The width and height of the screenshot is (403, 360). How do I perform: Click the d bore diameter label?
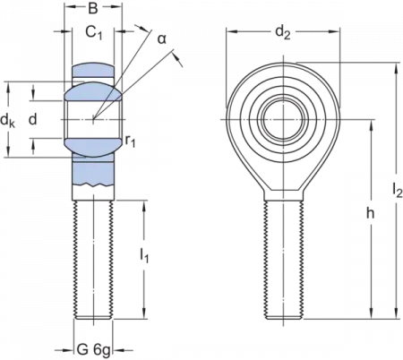pyautogui.click(x=33, y=119)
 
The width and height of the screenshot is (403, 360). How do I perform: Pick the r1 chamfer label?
pyautogui.click(x=131, y=141)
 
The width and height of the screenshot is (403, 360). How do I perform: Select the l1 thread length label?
pyautogui.click(x=144, y=255)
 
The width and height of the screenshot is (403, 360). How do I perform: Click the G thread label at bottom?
pyautogui.click(x=82, y=347)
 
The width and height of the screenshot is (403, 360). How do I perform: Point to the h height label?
pyautogui.click(x=370, y=215)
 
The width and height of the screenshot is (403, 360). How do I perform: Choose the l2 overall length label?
pyautogui.click(x=395, y=188)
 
